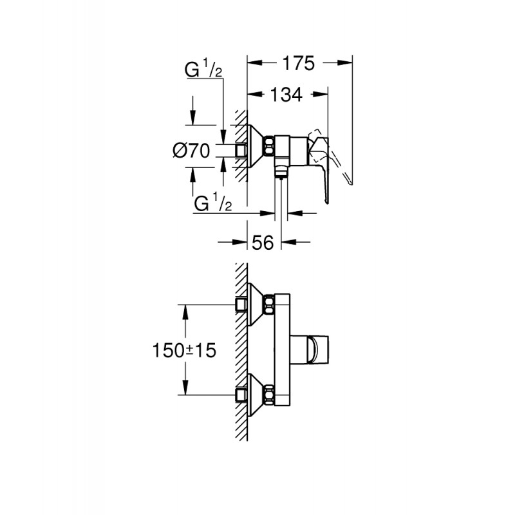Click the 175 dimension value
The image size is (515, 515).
299,63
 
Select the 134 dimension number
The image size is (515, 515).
286,95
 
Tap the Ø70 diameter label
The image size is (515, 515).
191,151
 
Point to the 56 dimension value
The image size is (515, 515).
263,243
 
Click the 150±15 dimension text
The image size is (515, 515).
184,350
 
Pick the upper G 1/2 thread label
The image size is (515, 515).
203,70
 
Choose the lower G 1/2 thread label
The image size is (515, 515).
213,203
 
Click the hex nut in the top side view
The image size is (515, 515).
269,146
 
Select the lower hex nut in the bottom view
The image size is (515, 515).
269,395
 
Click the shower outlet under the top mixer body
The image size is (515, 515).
281,172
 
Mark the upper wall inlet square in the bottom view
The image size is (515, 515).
241,304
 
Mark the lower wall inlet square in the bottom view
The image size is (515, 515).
241,395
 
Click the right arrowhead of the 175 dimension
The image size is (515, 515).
344,62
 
